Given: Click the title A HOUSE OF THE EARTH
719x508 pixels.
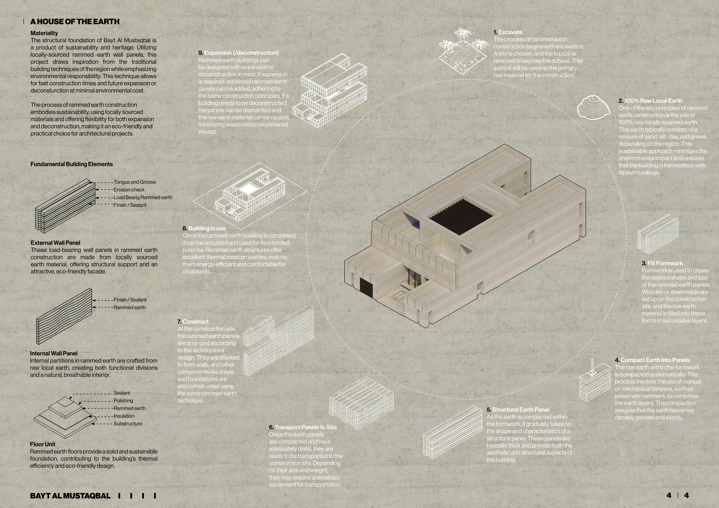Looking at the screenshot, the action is click(x=75, y=22).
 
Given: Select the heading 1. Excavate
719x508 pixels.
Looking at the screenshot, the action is click(x=508, y=32).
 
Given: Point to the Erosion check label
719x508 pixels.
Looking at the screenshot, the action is click(x=129, y=190).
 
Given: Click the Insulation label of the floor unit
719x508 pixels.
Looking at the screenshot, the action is click(x=124, y=416).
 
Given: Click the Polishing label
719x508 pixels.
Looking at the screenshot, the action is click(x=123, y=401).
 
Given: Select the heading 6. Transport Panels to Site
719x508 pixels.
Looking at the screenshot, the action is click(x=303, y=427).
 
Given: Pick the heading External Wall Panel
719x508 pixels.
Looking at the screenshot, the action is click(x=55, y=243).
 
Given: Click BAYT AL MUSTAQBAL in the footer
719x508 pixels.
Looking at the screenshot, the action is click(x=70, y=496).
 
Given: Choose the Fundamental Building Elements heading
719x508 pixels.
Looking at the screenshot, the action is click(x=72, y=164).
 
